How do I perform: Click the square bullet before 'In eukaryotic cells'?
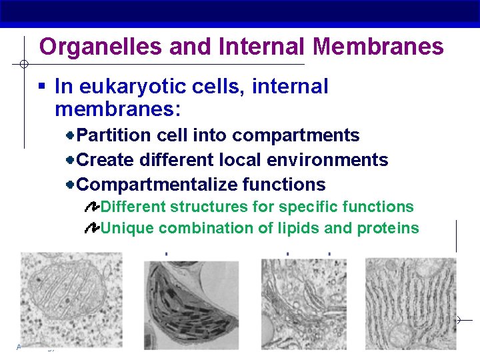(42, 87)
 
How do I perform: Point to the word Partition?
(114, 135)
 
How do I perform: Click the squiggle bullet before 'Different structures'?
(92, 207)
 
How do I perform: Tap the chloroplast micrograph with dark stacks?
(191, 304)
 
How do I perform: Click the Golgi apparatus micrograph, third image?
(304, 304)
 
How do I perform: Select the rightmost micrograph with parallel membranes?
(411, 304)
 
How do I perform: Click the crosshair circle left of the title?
(22, 65)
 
